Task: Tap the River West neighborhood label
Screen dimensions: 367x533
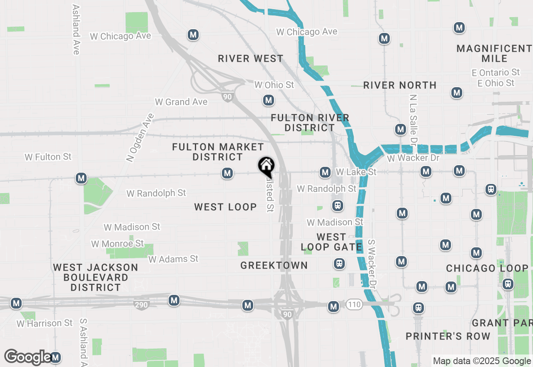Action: [x=251, y=58]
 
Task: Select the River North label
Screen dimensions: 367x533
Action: [x=400, y=85]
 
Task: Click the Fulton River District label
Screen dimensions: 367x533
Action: [x=310, y=123]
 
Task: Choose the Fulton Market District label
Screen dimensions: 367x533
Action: [x=218, y=152]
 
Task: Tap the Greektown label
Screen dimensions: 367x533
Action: [x=274, y=265]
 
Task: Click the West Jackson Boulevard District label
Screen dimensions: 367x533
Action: [x=96, y=277]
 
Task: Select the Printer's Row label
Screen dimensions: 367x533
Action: [x=448, y=336]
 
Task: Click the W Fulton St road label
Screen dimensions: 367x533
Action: [x=48, y=157]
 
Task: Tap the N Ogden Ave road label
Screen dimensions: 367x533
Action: [x=140, y=137]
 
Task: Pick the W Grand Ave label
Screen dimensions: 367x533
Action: [x=181, y=102]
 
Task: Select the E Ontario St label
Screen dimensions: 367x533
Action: [x=496, y=73]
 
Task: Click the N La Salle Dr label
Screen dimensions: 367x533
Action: [x=413, y=118]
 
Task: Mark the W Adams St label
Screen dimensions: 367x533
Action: [x=173, y=259]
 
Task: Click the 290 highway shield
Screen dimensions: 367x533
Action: [x=141, y=305]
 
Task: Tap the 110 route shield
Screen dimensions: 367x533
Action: [x=354, y=305]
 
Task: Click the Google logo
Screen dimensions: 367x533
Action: [x=28, y=357]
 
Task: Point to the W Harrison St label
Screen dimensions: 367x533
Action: [x=45, y=323]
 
